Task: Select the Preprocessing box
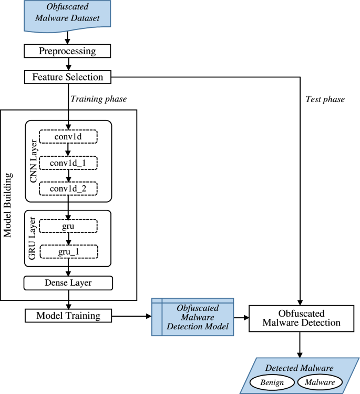click(x=67, y=51)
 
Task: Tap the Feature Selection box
click(x=68, y=77)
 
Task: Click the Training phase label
click(x=99, y=98)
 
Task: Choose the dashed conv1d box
click(x=68, y=136)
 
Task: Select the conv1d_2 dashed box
click(x=68, y=188)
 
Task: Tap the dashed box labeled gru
click(x=68, y=226)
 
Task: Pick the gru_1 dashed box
click(x=68, y=252)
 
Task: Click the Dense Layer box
click(x=68, y=283)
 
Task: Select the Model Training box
click(x=68, y=316)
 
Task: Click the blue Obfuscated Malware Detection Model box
click(x=192, y=317)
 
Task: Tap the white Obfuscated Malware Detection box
click(x=299, y=317)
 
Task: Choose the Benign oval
click(x=272, y=382)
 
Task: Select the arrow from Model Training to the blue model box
click(x=131, y=316)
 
